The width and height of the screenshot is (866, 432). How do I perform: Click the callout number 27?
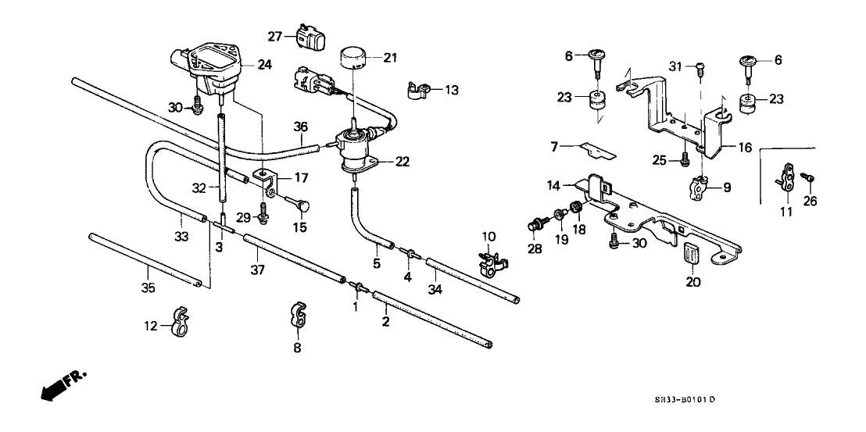point(274,36)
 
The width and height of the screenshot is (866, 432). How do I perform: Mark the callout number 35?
point(149,288)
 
